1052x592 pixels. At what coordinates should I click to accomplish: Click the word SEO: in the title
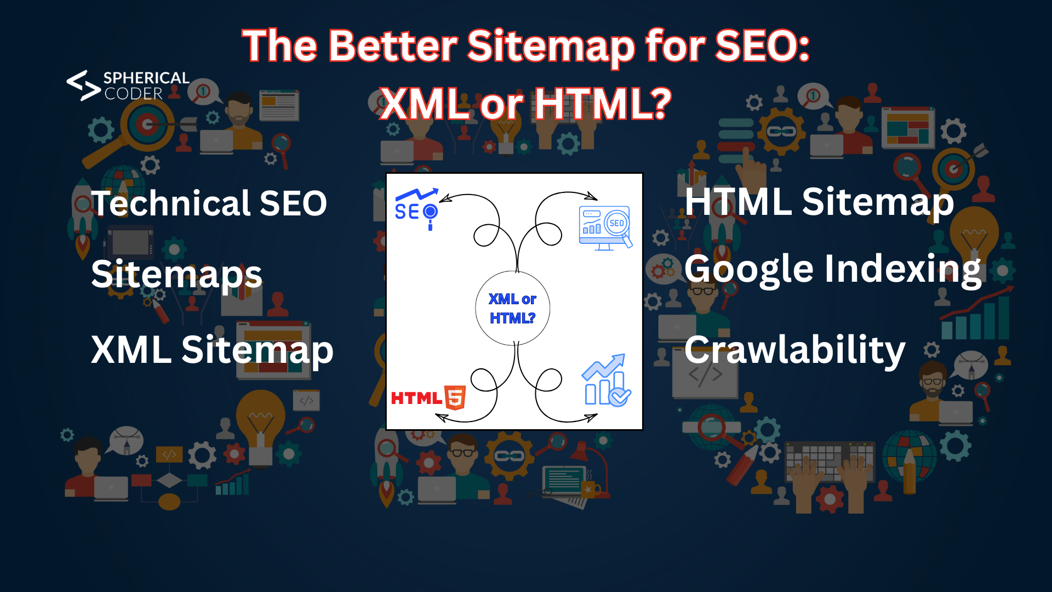[762, 45]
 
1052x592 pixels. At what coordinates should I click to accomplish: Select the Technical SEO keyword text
[209, 203]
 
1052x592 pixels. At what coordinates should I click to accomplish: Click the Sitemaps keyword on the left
[176, 274]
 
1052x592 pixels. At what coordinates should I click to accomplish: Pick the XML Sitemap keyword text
[212, 350]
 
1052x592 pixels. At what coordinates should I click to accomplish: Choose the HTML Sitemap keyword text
[819, 202]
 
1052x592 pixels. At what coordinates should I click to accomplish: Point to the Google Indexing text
[832, 269]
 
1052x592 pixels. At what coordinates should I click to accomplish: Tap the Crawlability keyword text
[794, 350]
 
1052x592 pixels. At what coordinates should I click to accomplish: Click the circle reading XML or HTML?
[512, 308]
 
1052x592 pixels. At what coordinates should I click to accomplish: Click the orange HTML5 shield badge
[455, 397]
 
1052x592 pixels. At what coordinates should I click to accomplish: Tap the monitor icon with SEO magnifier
[605, 227]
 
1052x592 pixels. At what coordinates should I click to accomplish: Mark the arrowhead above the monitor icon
[592, 196]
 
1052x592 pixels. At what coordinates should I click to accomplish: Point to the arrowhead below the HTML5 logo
[441, 418]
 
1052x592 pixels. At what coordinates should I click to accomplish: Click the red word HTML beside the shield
[416, 398]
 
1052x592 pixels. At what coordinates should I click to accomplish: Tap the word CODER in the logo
[134, 94]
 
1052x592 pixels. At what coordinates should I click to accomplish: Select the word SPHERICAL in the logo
[146, 78]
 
